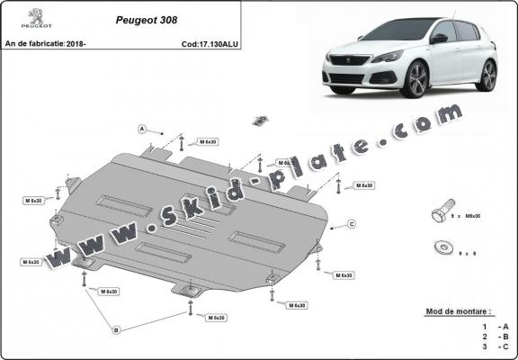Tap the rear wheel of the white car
click(x=487, y=75)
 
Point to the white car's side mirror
click(x=439, y=39)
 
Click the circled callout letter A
click(x=142, y=130)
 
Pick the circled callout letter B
click(x=115, y=329)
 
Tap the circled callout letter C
click(x=353, y=223)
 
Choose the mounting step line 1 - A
click(x=494, y=326)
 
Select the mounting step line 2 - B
click(x=494, y=336)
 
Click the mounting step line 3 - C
click(x=494, y=346)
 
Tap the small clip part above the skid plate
click(x=261, y=120)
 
